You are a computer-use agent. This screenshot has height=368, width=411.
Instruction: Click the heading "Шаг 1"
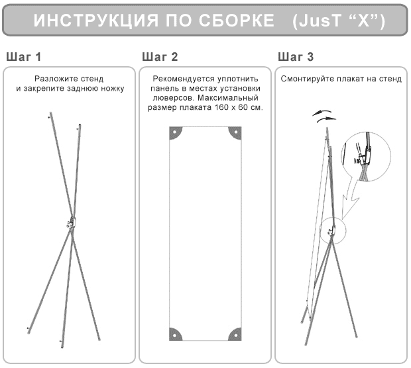tap(24, 57)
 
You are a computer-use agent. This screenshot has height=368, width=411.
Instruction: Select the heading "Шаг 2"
tap(160, 57)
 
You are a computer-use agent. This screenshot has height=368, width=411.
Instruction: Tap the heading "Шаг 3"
tap(296, 57)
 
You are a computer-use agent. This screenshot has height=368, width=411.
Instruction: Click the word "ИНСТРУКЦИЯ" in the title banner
tap(96, 21)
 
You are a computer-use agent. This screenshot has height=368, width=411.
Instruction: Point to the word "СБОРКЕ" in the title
tap(236, 21)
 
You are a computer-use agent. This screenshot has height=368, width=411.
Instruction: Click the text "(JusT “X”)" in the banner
tap(339, 21)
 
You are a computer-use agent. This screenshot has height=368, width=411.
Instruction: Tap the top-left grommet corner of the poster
tap(176, 133)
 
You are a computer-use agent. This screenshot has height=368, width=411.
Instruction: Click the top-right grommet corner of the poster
tap(235, 133)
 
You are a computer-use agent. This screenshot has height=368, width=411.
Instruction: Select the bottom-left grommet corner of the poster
tap(176, 334)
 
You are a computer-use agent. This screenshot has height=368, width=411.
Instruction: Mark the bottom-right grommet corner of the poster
tap(235, 334)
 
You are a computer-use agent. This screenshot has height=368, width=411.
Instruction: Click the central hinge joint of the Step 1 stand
tap(71, 222)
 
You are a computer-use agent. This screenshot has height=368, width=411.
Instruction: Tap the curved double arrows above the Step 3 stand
tap(324, 116)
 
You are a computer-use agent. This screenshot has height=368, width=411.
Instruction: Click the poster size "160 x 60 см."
tap(239, 107)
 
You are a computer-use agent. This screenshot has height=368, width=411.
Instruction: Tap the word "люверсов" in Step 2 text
tap(174, 98)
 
